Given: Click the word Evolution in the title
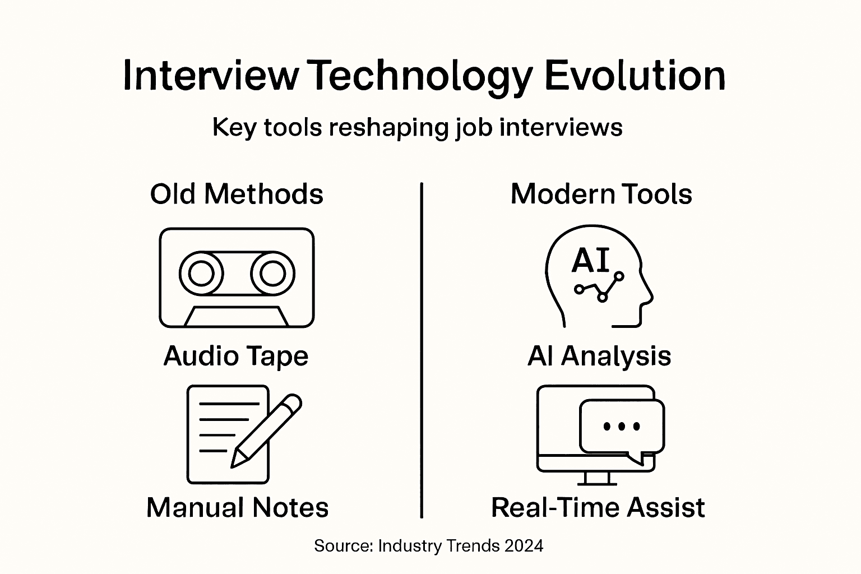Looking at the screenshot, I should point(635,76).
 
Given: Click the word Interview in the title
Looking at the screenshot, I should point(211,76).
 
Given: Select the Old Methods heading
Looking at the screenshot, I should point(237,194).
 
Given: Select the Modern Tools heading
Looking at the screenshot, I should point(601,194).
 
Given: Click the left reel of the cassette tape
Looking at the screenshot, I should point(201,274).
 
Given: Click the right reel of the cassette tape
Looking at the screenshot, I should point(273,274).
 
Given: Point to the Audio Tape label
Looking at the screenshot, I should point(236,356).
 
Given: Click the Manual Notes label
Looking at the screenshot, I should point(237,507).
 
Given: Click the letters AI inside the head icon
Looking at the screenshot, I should point(590,261).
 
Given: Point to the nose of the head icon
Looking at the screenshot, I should point(650,294).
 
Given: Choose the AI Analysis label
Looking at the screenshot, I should point(599,356).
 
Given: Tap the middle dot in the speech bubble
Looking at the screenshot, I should point(622,426).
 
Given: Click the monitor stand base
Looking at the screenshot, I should point(596,483).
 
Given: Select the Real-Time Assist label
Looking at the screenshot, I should point(598,507).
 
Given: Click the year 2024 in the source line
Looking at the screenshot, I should point(524,546).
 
